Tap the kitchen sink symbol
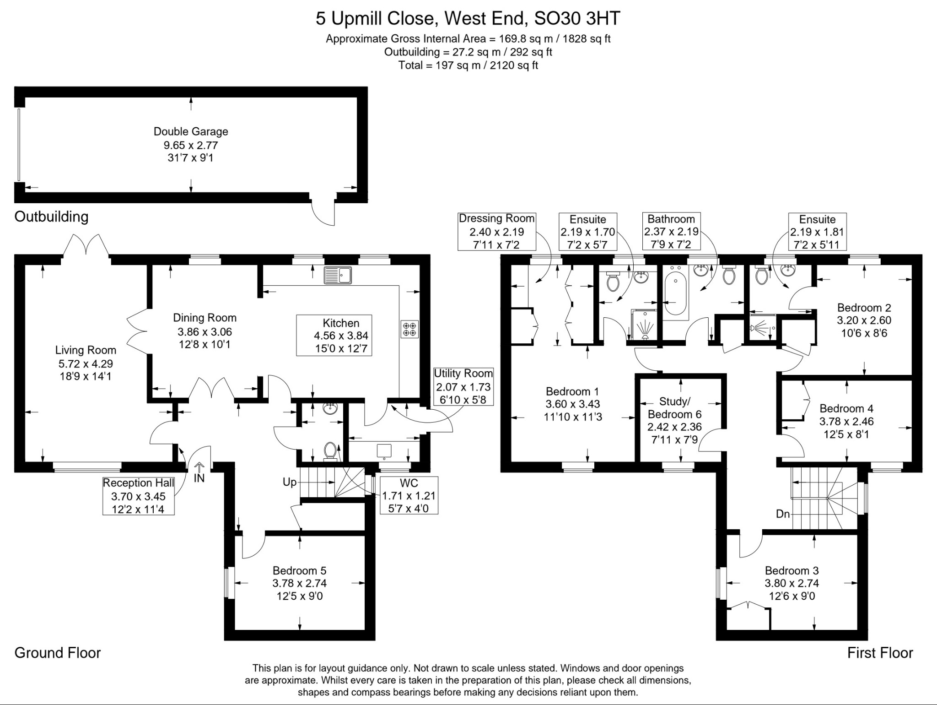click(x=338, y=275)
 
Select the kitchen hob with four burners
click(x=409, y=329)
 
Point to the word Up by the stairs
click(x=289, y=482)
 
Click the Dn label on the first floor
click(x=783, y=514)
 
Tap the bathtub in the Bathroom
click(x=676, y=293)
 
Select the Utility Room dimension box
click(x=463, y=387)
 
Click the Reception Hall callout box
click(x=138, y=496)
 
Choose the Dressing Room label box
click(x=496, y=232)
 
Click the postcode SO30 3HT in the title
click(x=578, y=19)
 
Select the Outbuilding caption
click(x=51, y=217)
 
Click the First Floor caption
click(x=880, y=653)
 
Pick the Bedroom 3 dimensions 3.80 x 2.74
click(x=792, y=583)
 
